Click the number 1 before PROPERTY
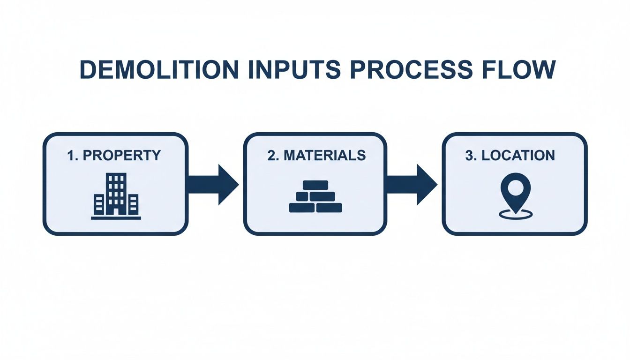click(x=71, y=156)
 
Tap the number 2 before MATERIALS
click(x=271, y=156)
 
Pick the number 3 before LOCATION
click(x=470, y=156)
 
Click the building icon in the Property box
click(x=116, y=196)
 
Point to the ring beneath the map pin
click(x=515, y=215)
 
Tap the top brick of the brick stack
click(x=315, y=185)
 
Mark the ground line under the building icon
click(x=116, y=217)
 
